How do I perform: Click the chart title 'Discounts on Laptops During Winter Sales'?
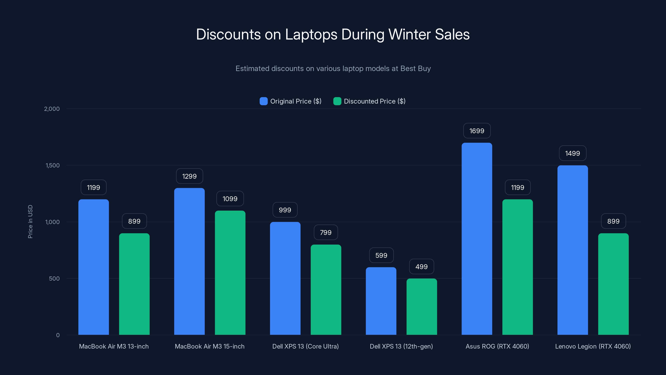click(333, 34)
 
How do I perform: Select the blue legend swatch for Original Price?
click(263, 101)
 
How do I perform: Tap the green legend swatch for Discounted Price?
click(337, 101)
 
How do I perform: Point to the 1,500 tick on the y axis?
click(52, 165)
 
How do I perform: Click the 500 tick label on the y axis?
click(54, 279)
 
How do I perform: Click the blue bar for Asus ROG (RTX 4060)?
click(477, 239)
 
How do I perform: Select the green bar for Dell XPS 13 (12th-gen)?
click(422, 307)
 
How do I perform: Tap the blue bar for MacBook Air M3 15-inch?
click(189, 261)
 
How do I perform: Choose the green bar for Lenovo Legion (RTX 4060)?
click(613, 284)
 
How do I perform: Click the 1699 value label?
click(477, 131)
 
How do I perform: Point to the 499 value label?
click(421, 267)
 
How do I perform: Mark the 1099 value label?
click(230, 199)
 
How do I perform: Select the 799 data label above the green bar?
click(326, 232)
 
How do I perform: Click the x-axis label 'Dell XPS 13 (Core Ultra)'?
click(305, 346)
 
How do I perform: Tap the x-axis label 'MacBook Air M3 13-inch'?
click(114, 346)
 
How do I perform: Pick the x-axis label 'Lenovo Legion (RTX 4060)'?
click(593, 346)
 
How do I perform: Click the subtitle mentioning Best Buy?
click(333, 69)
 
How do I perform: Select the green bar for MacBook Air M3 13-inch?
click(134, 284)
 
